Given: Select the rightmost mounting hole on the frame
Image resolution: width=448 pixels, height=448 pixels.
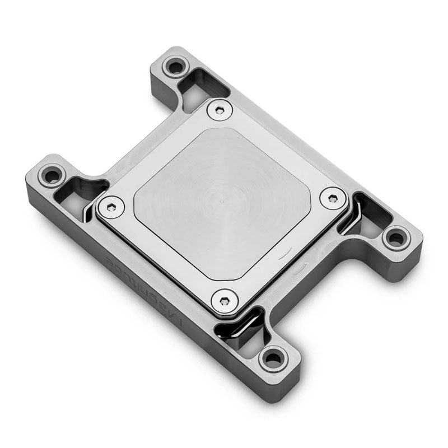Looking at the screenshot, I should (x=396, y=238).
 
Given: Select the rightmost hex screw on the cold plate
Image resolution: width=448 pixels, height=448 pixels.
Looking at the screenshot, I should (x=333, y=198).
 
